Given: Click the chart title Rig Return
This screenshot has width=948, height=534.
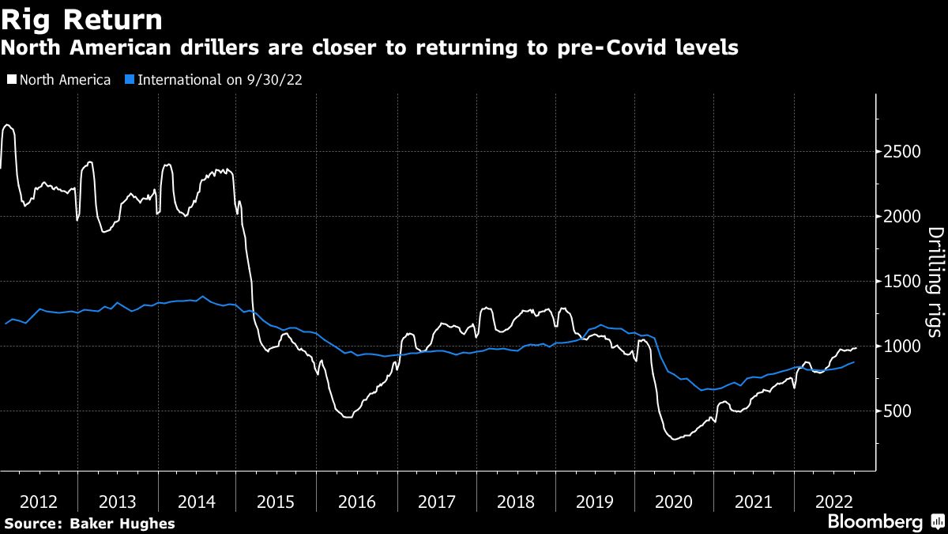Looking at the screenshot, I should (82, 19).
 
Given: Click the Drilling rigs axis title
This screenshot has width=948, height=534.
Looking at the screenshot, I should (935, 282).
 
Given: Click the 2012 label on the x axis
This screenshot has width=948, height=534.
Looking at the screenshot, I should (39, 502).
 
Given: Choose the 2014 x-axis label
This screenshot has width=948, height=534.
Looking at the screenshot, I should (197, 502).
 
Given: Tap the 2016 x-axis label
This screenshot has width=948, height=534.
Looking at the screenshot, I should (357, 502).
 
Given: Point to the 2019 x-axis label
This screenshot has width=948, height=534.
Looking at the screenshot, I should (596, 502).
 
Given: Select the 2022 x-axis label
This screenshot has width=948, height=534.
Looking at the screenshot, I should (833, 502).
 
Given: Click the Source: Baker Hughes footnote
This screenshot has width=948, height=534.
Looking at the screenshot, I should (89, 523).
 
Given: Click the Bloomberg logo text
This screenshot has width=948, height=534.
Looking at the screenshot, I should (875, 522).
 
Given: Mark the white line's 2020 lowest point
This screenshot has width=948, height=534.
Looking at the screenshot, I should (674, 438).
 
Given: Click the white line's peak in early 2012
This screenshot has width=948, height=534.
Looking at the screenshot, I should (7, 125).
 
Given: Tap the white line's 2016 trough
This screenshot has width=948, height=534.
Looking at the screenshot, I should (347, 416).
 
